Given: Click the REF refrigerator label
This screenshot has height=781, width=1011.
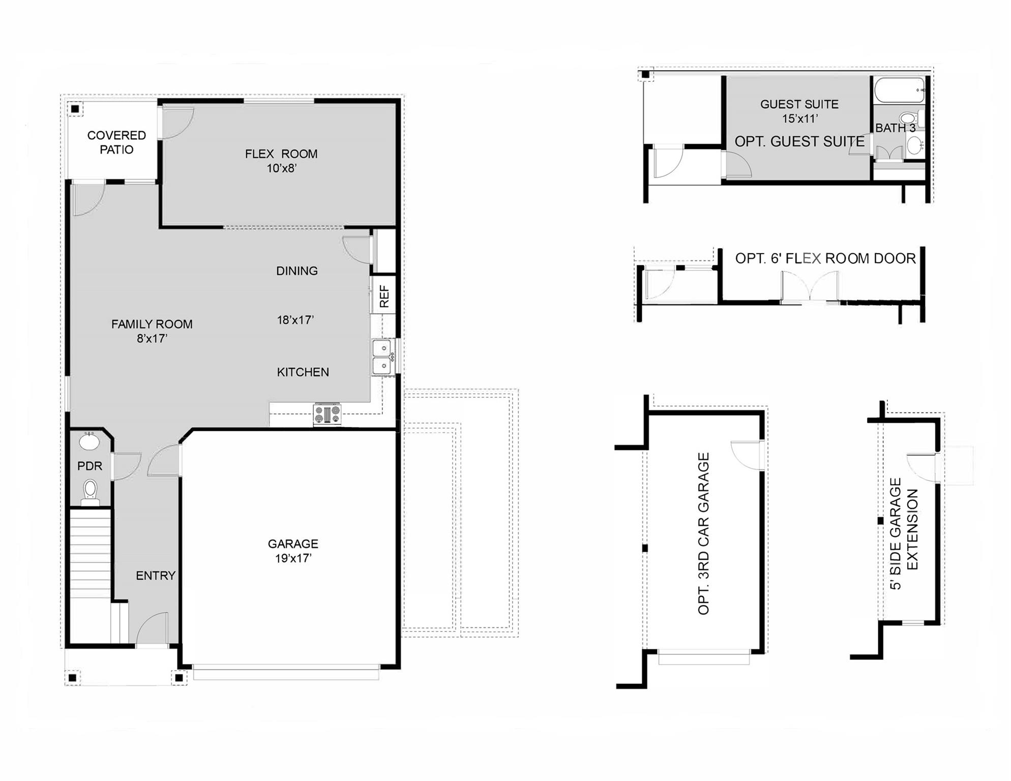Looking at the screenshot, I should pyautogui.click(x=384, y=296).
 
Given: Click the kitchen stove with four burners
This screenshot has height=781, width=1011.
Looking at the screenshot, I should pyautogui.click(x=327, y=414).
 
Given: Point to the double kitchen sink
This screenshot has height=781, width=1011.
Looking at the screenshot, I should pyautogui.click(x=382, y=357).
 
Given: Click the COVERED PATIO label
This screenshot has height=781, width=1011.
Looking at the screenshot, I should pyautogui.click(x=116, y=142).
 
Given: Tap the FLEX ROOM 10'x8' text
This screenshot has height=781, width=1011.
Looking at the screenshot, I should pyautogui.click(x=281, y=161).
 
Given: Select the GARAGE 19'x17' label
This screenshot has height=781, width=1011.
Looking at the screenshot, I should pyautogui.click(x=293, y=551).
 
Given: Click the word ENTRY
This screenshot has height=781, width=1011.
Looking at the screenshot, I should pyautogui.click(x=155, y=576).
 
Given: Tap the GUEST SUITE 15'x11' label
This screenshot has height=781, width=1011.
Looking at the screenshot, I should pyautogui.click(x=799, y=111).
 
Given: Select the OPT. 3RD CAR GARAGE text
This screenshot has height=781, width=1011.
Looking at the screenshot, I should pyautogui.click(x=703, y=534).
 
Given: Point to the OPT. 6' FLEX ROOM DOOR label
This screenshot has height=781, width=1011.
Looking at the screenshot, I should pyautogui.click(x=825, y=258).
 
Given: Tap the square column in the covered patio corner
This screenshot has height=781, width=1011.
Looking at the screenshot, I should pyautogui.click(x=75, y=109).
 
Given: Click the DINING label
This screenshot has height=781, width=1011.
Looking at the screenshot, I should pyautogui.click(x=297, y=271).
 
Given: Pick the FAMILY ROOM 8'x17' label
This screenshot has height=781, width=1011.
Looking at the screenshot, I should pyautogui.click(x=152, y=331).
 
